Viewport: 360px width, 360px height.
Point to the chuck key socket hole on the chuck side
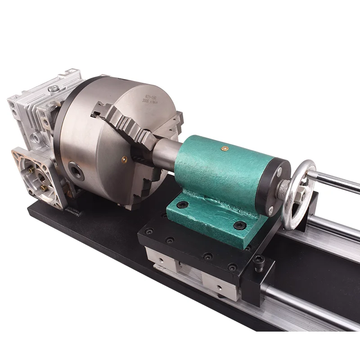[x=76, y=171]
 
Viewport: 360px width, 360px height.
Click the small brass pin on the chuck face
[x=125, y=158]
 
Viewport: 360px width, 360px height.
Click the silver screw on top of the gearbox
[x=53, y=89]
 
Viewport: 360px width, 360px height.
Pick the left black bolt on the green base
[x=182, y=205]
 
